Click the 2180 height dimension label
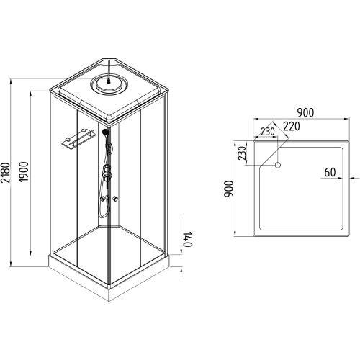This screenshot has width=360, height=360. tap(5, 173)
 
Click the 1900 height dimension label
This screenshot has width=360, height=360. tap(24, 172)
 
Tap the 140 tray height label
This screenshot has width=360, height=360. tap(188, 239)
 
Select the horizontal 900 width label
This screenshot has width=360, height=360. tap(305, 113)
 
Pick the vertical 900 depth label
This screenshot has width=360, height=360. tap(228, 189)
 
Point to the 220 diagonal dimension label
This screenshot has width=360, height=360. tap(292, 126)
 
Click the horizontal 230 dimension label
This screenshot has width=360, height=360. tap(268, 132)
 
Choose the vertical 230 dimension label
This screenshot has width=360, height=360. tap(242, 153)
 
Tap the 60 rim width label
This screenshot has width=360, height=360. tap(330, 172)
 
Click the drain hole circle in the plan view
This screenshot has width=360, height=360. tap(278, 165)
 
